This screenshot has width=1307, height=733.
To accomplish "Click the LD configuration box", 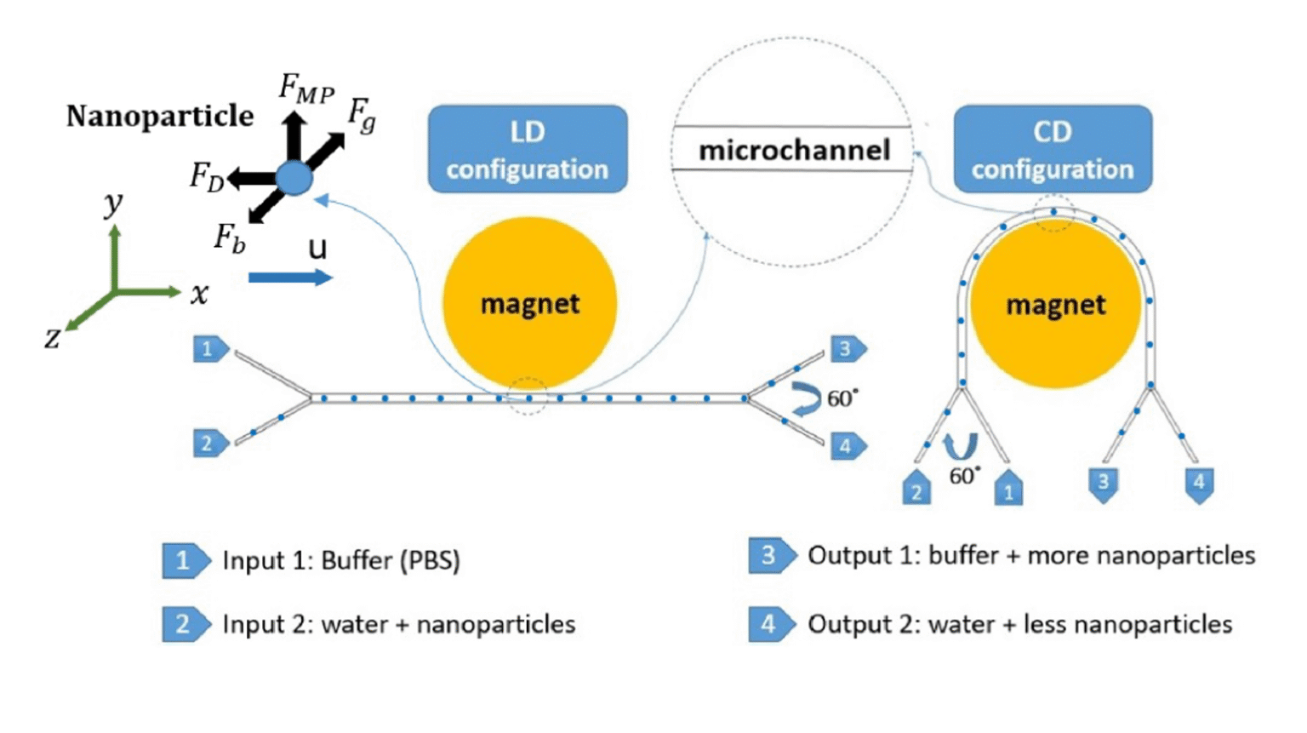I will [528, 150].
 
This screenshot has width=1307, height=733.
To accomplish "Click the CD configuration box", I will [1053, 150].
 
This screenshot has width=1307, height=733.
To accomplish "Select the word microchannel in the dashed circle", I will [794, 151].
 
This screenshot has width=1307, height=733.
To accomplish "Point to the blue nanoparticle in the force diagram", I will [294, 179].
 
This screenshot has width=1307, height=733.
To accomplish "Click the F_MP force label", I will [306, 89].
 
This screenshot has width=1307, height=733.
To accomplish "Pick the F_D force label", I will [207, 176].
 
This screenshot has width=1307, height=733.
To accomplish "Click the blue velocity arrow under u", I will [289, 278].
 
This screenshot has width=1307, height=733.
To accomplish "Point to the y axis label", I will [113, 203].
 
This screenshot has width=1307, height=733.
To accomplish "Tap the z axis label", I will [53, 339].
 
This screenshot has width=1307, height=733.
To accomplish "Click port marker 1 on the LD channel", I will [208, 349].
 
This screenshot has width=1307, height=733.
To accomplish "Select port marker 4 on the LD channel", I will [847, 445].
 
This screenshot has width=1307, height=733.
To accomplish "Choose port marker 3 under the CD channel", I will [1103, 484].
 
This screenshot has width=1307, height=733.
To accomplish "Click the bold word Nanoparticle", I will [160, 116].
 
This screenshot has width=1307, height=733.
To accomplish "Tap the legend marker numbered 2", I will [184, 624].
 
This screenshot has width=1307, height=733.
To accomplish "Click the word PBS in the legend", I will [433, 560].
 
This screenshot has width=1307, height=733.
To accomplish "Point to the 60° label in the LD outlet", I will [842, 398].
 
